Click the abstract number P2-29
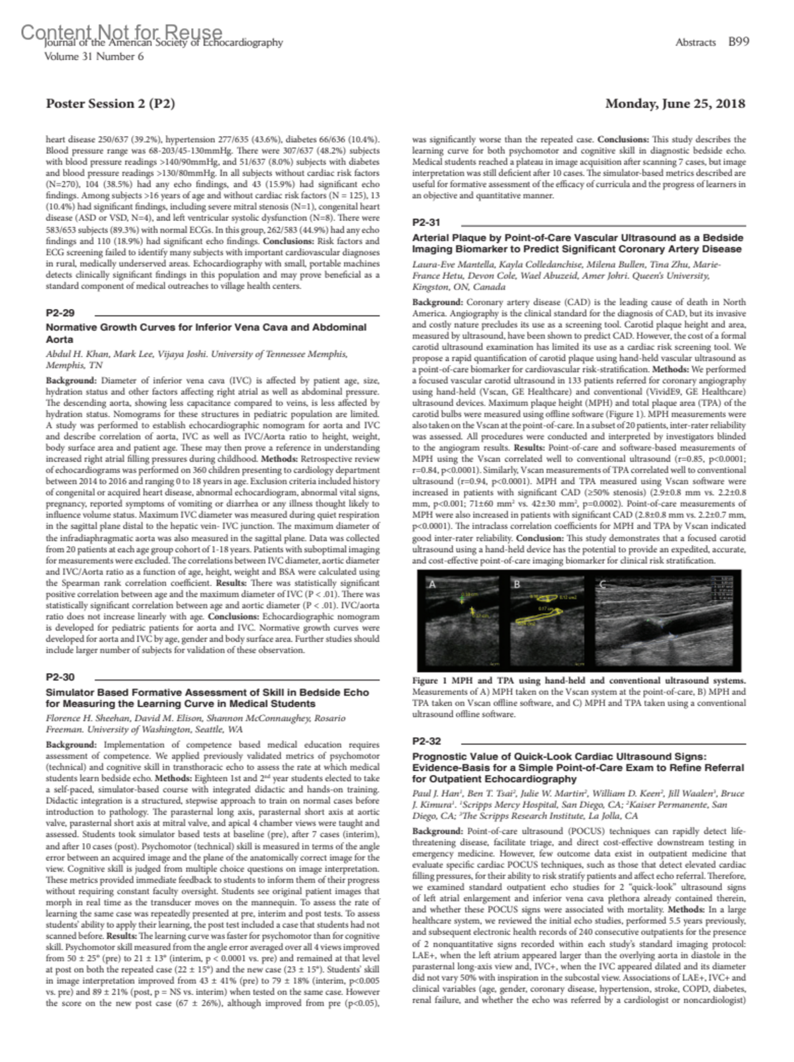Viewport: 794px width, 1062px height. point(60,313)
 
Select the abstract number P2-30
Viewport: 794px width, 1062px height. point(60,677)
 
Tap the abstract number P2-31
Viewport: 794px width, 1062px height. point(426,223)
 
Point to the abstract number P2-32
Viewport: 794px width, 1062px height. point(426,741)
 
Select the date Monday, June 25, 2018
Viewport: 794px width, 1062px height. point(675,104)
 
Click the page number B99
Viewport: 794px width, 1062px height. point(738,42)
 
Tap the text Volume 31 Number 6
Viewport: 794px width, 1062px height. point(93,56)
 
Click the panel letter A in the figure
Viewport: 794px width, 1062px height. point(433,584)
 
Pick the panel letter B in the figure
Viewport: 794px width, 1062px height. point(517,584)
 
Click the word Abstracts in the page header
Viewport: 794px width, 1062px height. point(695,42)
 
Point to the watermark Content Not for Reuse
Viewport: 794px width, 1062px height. point(122,32)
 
